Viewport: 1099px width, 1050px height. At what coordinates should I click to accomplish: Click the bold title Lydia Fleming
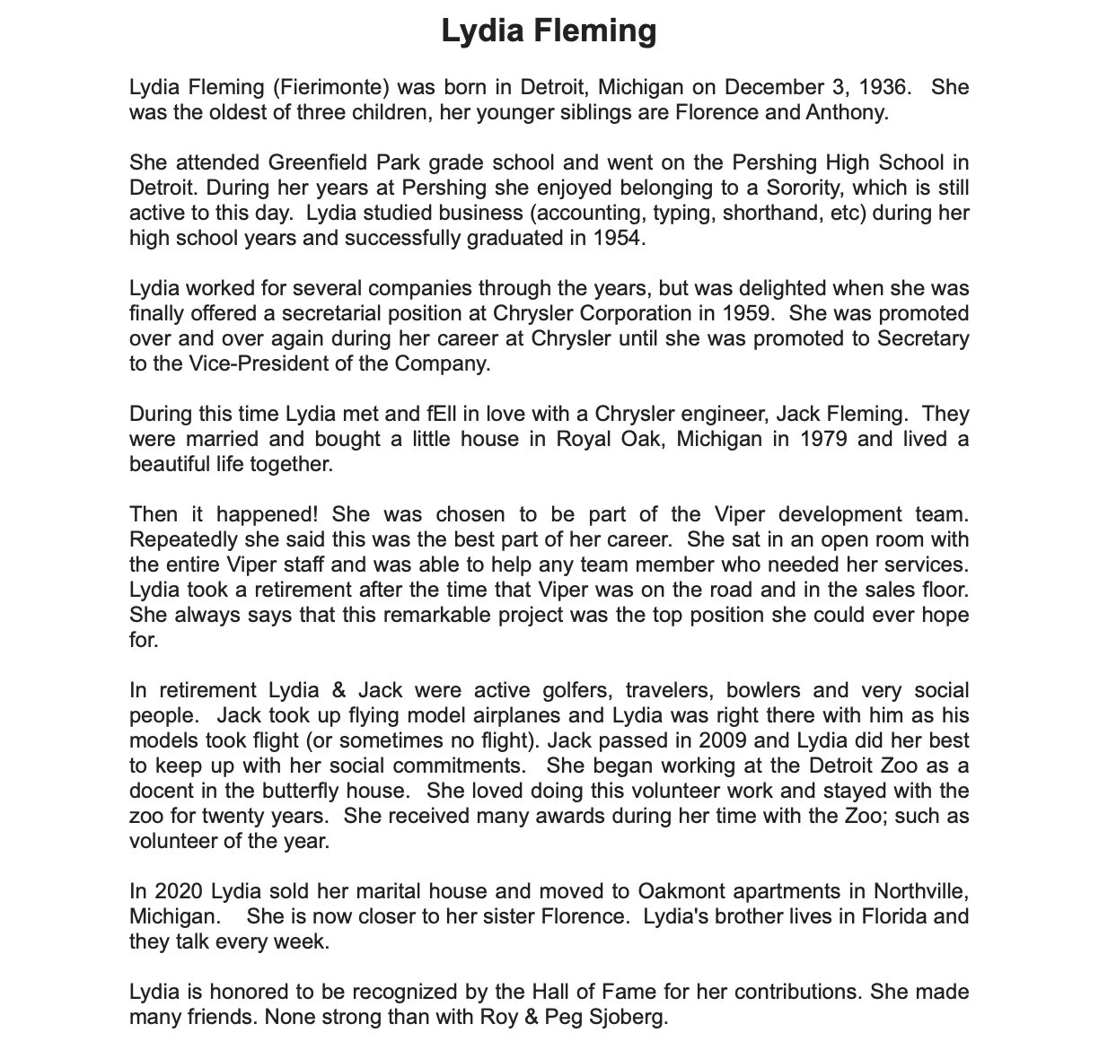pyautogui.click(x=549, y=31)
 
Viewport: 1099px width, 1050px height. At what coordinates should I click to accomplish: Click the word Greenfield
pyautogui.click(x=313, y=163)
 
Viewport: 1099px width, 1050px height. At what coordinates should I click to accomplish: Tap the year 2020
pyautogui.click(x=180, y=892)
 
